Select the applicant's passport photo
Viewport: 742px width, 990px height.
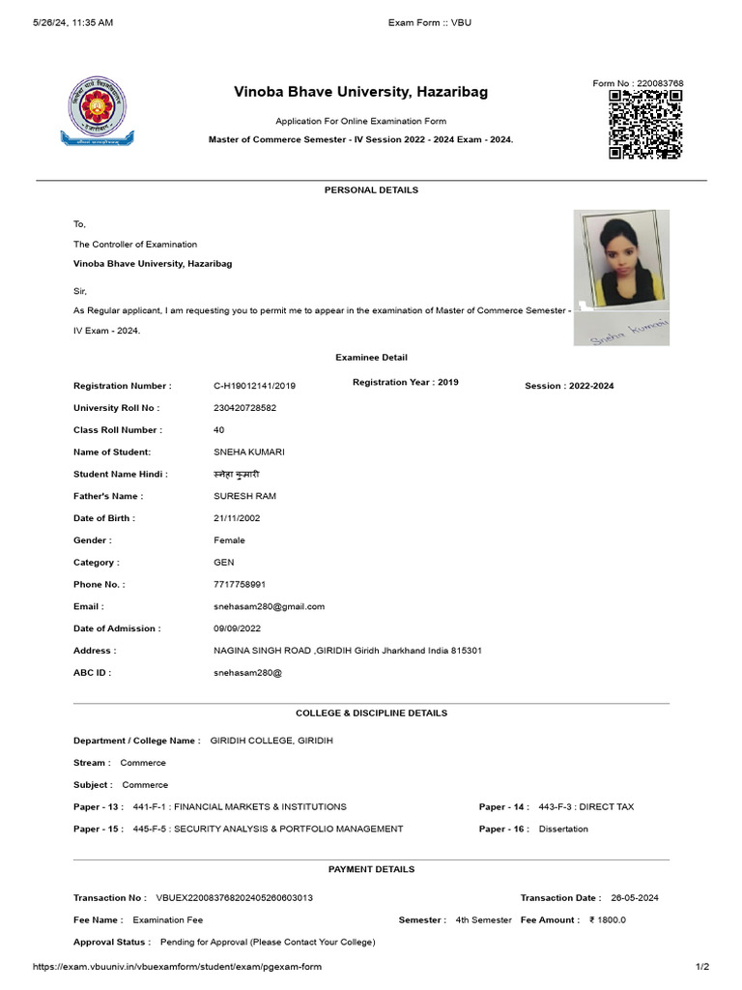pyautogui.click(x=620, y=258)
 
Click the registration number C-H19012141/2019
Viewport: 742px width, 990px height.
pyautogui.click(x=254, y=386)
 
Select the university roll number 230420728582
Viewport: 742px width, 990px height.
pyautogui.click(x=244, y=408)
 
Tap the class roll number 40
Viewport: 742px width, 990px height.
pyautogui.click(x=219, y=430)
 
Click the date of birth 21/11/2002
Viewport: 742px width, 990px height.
pyautogui.click(x=237, y=518)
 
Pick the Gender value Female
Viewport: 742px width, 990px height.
pyautogui.click(x=229, y=540)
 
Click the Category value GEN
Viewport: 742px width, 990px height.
pyautogui.click(x=223, y=563)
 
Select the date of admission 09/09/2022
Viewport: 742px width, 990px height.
pyautogui.click(x=237, y=628)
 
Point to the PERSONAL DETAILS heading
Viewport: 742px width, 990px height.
pyautogui.click(x=371, y=190)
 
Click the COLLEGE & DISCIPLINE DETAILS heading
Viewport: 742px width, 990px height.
pyautogui.click(x=371, y=713)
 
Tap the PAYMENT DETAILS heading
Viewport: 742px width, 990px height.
pyautogui.click(x=371, y=869)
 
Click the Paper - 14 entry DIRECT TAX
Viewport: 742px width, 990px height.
pyautogui.click(x=585, y=806)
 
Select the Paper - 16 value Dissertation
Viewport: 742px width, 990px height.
pyautogui.click(x=562, y=829)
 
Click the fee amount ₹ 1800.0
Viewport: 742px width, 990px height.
pyautogui.click(x=608, y=919)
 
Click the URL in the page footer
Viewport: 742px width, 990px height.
pyautogui.click(x=177, y=967)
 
